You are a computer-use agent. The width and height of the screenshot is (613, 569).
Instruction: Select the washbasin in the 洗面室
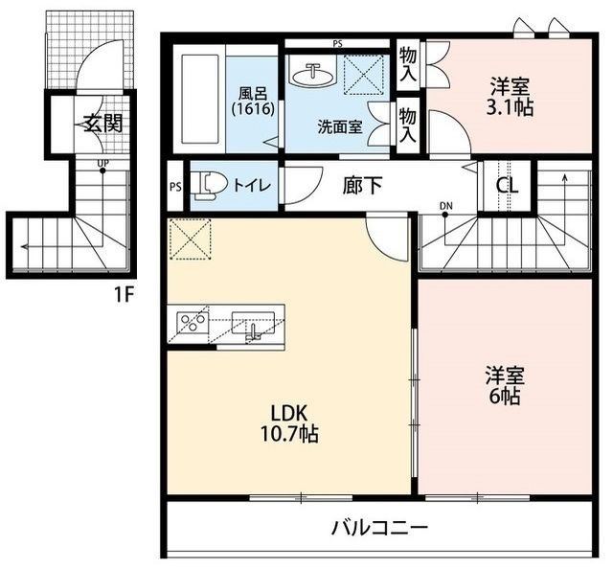(x=314, y=75)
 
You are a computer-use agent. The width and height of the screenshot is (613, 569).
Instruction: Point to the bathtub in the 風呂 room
(x=200, y=99)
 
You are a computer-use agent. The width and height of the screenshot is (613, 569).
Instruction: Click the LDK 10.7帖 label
(x=289, y=423)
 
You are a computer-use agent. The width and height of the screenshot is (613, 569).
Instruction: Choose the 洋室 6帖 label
(x=505, y=385)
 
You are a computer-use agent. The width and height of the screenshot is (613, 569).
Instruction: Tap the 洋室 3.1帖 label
(x=510, y=97)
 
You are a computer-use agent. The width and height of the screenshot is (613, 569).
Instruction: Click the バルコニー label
(x=379, y=529)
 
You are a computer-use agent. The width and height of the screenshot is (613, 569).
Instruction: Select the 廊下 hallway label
(x=362, y=186)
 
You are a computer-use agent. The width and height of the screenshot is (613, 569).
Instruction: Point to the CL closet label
(x=507, y=186)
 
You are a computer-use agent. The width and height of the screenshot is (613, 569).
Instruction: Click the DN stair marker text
(x=445, y=206)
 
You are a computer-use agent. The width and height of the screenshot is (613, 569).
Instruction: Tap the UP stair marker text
(x=103, y=163)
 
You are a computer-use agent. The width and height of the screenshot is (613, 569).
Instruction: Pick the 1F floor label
(x=124, y=295)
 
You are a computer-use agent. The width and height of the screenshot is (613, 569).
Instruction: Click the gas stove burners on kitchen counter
(x=192, y=323)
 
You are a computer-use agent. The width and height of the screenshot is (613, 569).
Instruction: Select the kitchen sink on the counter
(x=253, y=326)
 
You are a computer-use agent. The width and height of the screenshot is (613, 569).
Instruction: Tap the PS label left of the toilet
(x=175, y=187)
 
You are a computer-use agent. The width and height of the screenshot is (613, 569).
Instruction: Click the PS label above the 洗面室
(x=338, y=44)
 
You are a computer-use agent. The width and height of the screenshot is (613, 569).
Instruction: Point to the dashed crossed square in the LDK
(x=191, y=239)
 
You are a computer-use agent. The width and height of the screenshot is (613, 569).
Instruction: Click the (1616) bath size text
(x=253, y=108)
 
